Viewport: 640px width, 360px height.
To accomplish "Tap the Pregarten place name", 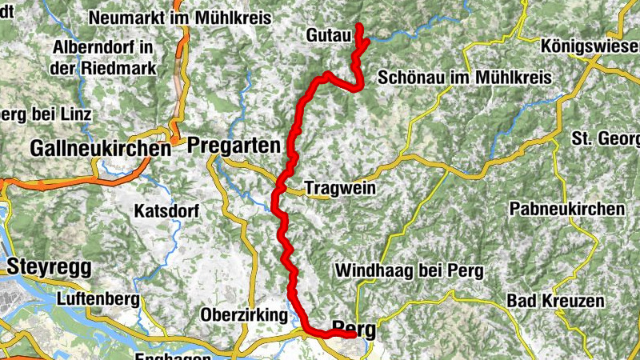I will (x=236, y=146).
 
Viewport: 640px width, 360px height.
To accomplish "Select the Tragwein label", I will (x=339, y=189).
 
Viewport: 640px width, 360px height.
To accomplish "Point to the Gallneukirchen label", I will (x=100, y=148).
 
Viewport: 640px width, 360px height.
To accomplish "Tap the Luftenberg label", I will (x=98, y=299).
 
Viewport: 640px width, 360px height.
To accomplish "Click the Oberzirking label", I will (x=244, y=315).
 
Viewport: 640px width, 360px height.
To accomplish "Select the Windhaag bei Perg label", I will (x=410, y=270).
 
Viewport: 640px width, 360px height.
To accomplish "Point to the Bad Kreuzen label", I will (x=553, y=300).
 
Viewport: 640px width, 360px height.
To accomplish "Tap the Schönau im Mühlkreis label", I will (x=465, y=79).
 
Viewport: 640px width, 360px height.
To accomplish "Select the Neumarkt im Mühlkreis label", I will (x=181, y=18).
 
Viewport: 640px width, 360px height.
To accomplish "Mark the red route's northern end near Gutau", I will (x=358, y=26).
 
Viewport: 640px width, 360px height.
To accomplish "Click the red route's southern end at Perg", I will (x=353, y=335).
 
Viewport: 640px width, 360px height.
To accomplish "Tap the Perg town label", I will (x=354, y=326).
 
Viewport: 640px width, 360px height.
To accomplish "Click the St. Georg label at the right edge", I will (x=606, y=138).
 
